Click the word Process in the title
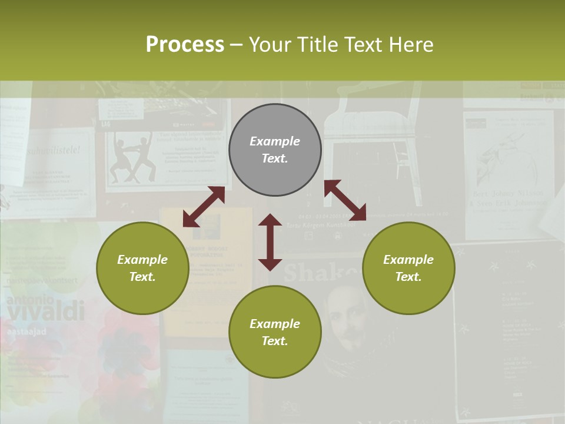(x=185, y=45)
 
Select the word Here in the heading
(x=410, y=45)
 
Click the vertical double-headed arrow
(x=270, y=242)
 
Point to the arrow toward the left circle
(x=204, y=207)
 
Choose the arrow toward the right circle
(x=345, y=200)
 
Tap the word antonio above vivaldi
(x=26, y=300)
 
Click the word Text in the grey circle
(x=274, y=158)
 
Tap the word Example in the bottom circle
(x=275, y=323)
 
